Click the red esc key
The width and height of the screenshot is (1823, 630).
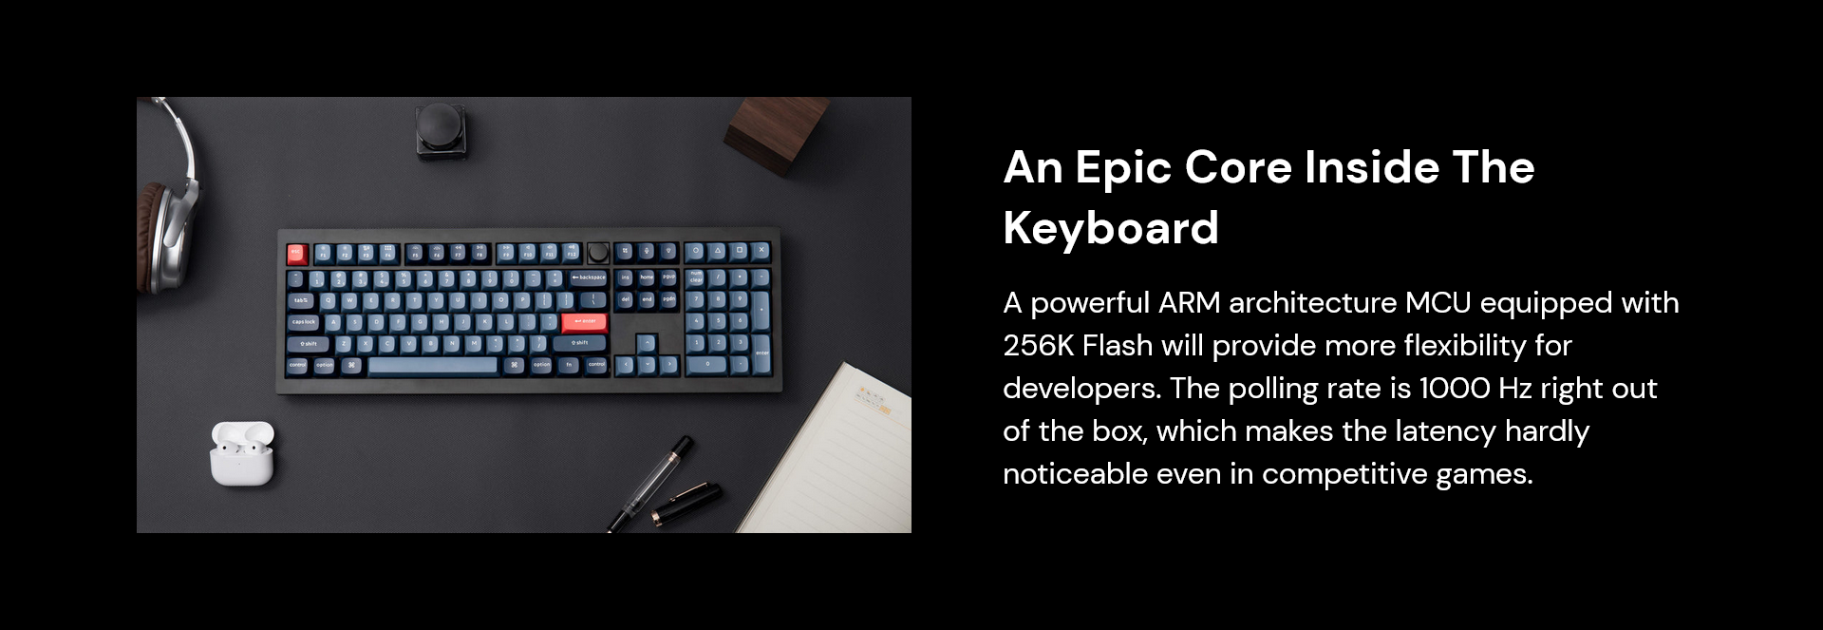[297, 254]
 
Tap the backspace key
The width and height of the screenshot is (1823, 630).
[589, 277]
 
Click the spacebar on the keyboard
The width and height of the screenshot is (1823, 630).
[433, 365]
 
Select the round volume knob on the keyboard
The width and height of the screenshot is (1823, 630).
[598, 252]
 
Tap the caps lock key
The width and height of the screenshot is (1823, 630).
[306, 322]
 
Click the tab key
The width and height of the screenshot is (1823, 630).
[301, 300]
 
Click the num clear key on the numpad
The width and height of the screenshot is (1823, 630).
[696, 277]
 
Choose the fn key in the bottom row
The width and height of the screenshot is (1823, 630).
[569, 365]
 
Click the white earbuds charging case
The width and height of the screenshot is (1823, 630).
[242, 453]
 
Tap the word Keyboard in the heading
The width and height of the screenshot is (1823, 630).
[1111, 228]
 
